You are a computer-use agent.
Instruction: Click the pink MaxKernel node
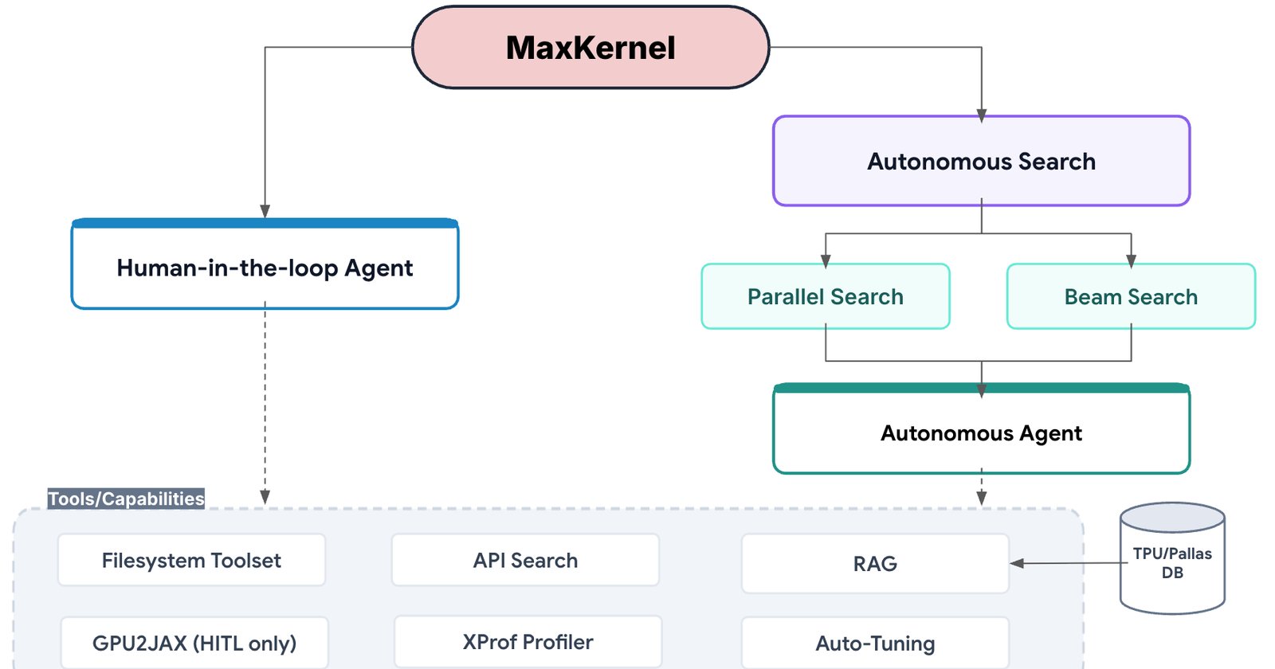(590, 47)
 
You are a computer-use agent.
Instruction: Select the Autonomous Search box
(981, 161)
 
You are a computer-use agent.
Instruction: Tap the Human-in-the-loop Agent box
(265, 264)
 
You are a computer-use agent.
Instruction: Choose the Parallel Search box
(826, 296)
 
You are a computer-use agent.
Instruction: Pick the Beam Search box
(1131, 296)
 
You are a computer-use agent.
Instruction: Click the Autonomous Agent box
(981, 429)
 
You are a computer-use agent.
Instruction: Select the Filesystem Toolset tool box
(191, 561)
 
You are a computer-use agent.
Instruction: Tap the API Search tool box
(525, 561)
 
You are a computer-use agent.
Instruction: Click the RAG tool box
(875, 563)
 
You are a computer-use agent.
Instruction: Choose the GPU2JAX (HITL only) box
(194, 643)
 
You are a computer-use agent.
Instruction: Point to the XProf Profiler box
(528, 642)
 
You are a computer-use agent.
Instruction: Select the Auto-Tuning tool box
(875, 644)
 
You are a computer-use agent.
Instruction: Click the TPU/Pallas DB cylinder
(1172, 558)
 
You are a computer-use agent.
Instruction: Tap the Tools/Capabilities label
(126, 499)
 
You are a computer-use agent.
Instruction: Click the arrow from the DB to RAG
(1069, 563)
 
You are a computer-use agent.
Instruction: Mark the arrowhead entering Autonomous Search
(981, 116)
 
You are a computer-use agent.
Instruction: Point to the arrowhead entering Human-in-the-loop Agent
(265, 211)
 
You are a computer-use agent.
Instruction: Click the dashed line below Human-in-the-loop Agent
(265, 403)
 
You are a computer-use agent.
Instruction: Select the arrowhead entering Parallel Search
(826, 261)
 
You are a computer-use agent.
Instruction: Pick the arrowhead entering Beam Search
(1131, 261)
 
